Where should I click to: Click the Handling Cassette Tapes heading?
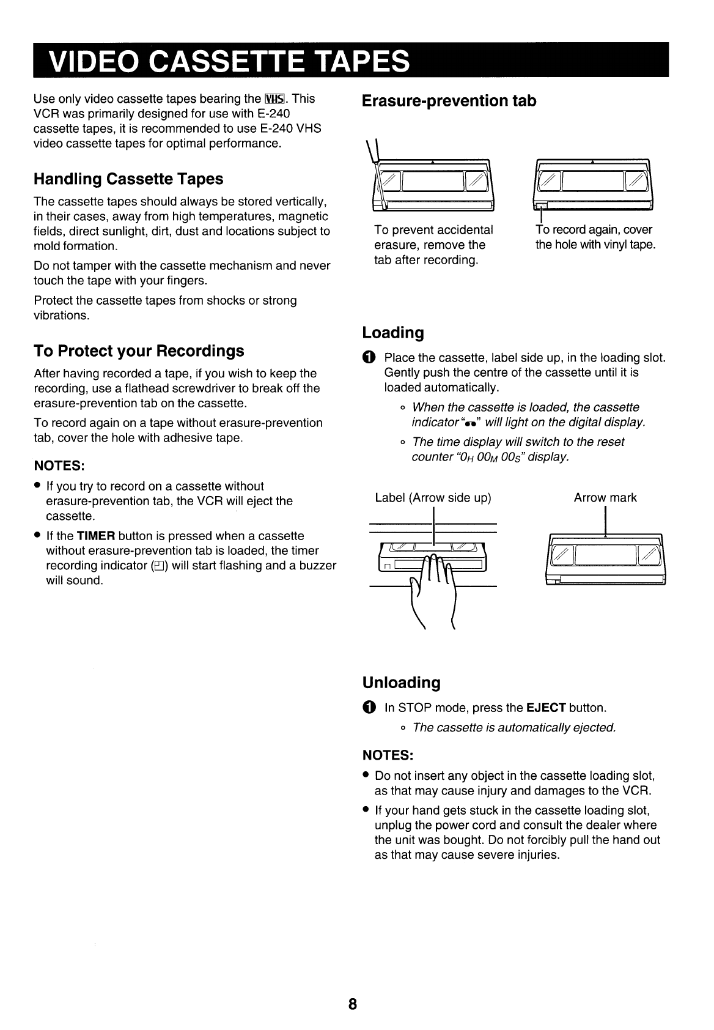[128, 179]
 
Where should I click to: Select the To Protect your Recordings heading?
[139, 351]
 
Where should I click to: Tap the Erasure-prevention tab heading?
[449, 101]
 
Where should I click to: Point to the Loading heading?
[393, 333]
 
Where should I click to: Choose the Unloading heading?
[401, 683]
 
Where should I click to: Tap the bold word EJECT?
[545, 708]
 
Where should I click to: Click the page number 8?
[353, 1004]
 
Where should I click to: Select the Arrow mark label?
[605, 498]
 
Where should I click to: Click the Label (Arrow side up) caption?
[433, 498]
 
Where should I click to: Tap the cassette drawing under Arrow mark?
[605, 559]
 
